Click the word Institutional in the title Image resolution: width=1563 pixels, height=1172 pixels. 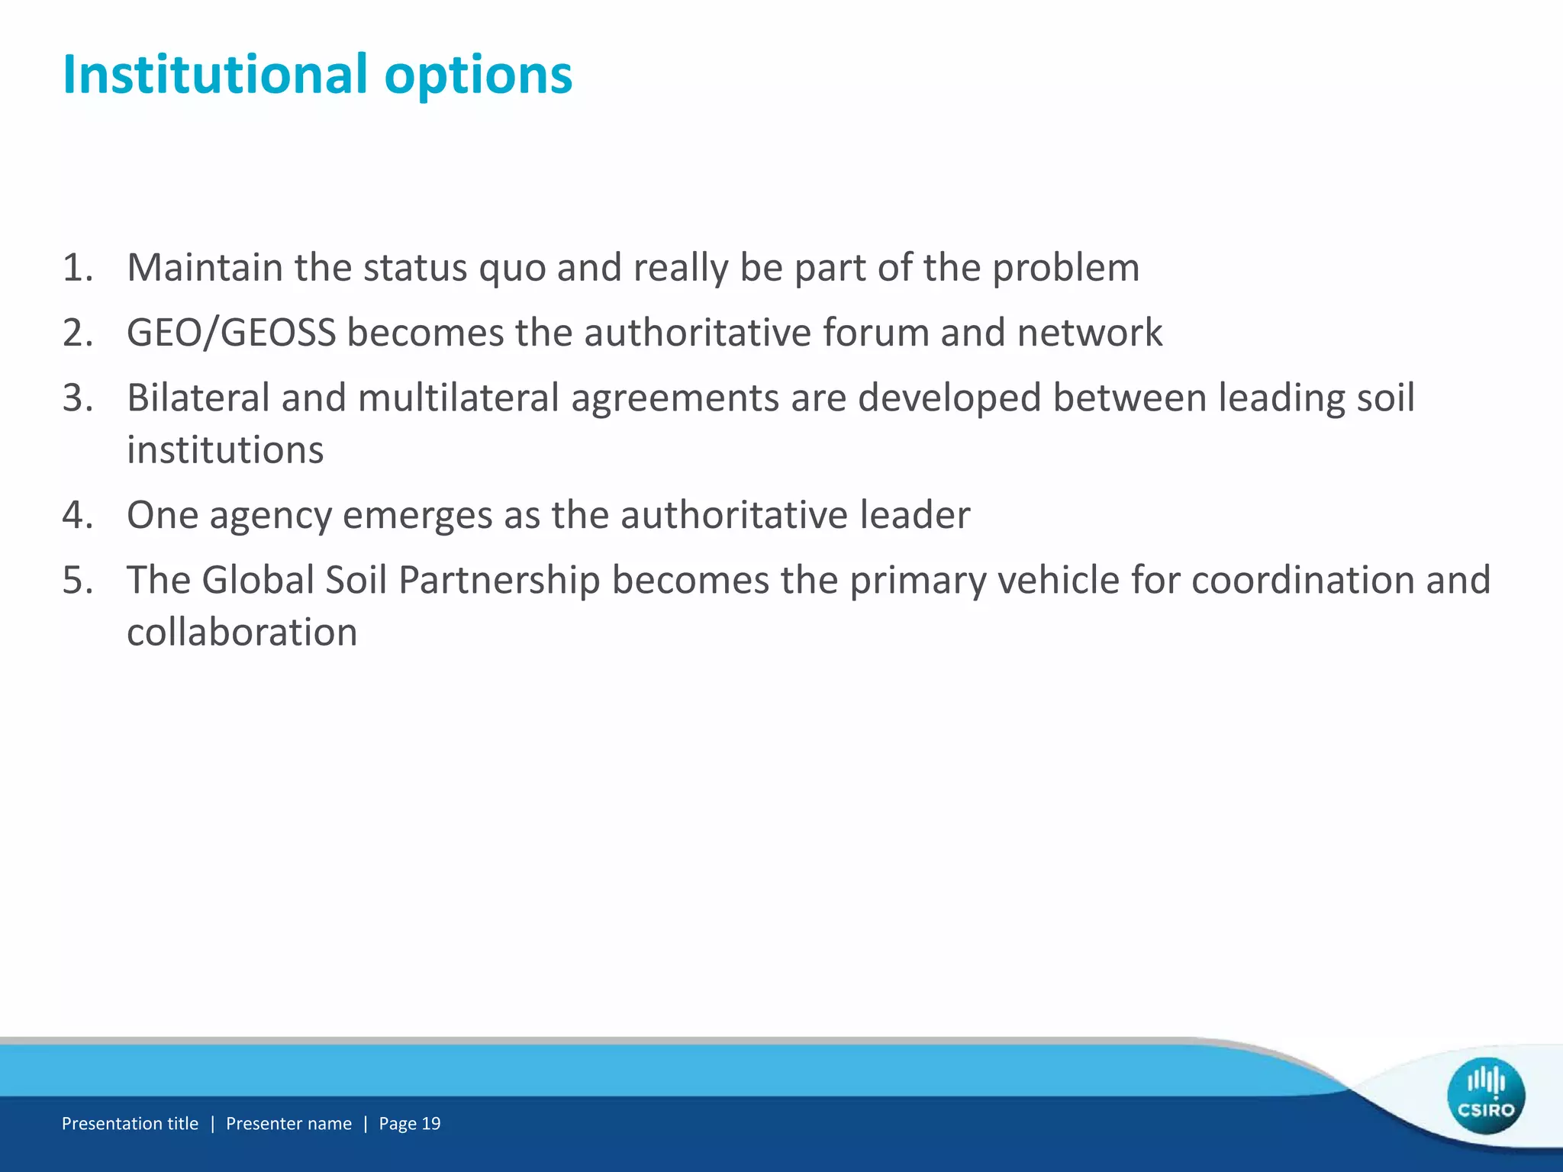click(x=214, y=75)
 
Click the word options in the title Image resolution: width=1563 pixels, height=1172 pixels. click(x=478, y=76)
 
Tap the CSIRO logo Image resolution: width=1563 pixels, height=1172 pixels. click(x=1485, y=1096)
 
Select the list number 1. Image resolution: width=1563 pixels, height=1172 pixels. click(x=77, y=268)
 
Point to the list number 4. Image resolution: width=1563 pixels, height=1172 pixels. click(x=77, y=515)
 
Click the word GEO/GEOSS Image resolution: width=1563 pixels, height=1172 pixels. click(x=231, y=333)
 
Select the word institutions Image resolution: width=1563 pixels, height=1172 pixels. click(x=225, y=449)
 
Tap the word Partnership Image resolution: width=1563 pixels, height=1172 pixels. click(x=499, y=581)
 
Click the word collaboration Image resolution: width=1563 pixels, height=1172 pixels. click(x=242, y=633)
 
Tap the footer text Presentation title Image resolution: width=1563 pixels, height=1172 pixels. click(x=130, y=1123)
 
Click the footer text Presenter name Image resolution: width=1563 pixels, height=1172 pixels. click(x=288, y=1123)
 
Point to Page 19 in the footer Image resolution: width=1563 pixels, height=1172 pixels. click(x=410, y=1123)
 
